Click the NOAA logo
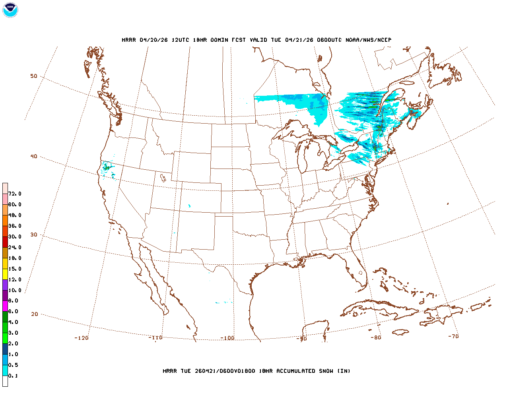pos(10,10)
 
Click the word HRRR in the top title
pos(128,40)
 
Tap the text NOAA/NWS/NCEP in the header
pos(368,40)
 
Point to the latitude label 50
pos(34,76)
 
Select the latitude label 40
pos(34,156)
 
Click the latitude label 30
pos(34,235)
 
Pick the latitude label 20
pos(35,314)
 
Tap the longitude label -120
pos(82,338)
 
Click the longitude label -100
pos(227,338)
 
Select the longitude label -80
pos(376,337)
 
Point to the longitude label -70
pos(453,336)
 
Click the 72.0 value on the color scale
pos(15,194)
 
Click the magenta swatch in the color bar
pos(5,306)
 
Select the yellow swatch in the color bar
pos(5,274)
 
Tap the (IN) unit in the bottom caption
pos(344,371)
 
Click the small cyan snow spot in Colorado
pos(189,205)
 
